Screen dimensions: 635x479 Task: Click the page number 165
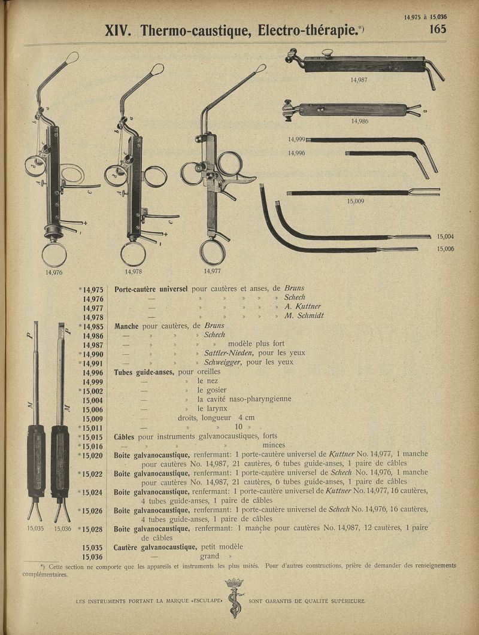[x=438, y=29]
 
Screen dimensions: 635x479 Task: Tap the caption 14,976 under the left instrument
[x=54, y=272]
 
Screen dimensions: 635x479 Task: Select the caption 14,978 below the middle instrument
[x=133, y=271]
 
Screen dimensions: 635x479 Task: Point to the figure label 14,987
[x=359, y=79]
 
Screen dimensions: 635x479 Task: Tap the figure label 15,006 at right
[x=445, y=248]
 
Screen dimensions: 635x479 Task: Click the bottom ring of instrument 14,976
[x=54, y=254]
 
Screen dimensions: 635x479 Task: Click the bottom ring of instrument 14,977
[x=212, y=252]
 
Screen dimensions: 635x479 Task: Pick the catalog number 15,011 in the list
[x=92, y=427]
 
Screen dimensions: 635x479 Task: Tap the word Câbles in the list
[x=125, y=436]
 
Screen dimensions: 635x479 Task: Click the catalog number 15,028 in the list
[x=92, y=529]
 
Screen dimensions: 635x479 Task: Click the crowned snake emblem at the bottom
[x=234, y=598]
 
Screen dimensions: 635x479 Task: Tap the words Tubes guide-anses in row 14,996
[x=145, y=372]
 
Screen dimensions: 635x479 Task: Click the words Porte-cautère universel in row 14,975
[x=151, y=288]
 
